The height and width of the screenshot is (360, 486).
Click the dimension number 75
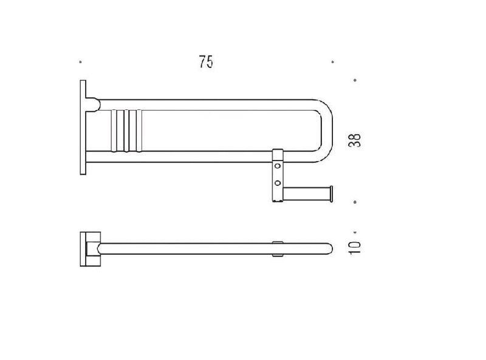(206, 62)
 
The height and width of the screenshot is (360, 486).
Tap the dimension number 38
(355, 140)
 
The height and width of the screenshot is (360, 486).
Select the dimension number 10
(355, 247)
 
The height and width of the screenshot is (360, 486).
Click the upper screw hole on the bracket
(278, 166)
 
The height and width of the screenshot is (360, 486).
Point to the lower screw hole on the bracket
(278, 183)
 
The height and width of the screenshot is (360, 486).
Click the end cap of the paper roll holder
(331, 194)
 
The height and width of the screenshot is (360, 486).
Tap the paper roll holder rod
(306, 194)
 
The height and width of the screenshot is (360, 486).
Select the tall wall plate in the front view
(83, 127)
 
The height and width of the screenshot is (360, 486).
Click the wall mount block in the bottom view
(90, 249)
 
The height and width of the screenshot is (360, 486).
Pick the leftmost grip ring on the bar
(114, 131)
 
